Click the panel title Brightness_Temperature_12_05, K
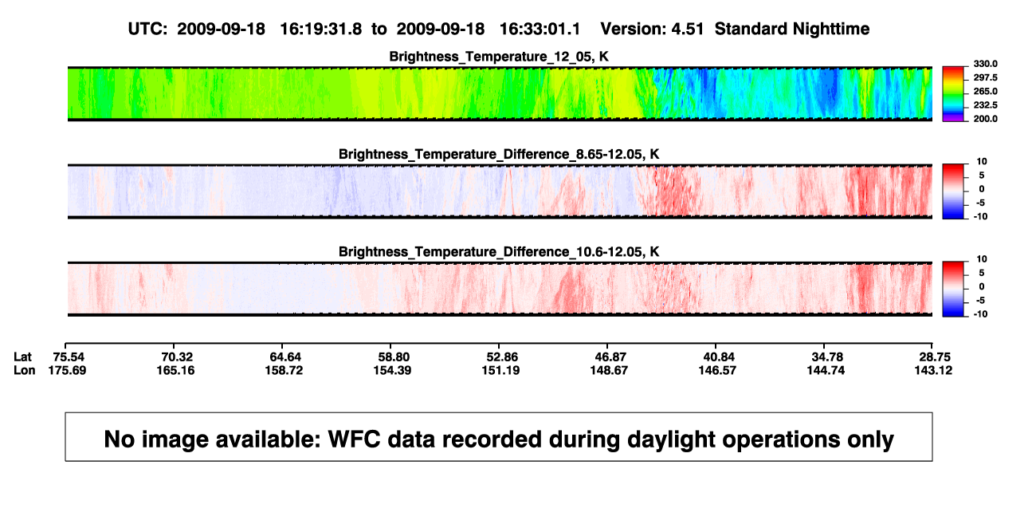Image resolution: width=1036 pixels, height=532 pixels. tap(499, 57)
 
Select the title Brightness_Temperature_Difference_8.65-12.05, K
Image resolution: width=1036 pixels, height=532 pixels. tap(499, 154)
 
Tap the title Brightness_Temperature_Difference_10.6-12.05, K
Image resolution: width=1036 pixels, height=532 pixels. tap(499, 252)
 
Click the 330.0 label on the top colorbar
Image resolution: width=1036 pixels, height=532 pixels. tap(985, 64)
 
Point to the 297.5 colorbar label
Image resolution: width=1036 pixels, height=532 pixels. tap(985, 77)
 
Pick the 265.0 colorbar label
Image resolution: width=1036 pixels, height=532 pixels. tap(985, 91)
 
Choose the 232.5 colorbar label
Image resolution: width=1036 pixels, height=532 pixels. tap(985, 105)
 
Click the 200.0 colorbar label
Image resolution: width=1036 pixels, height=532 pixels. tap(985, 119)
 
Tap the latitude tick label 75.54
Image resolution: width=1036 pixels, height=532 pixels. tap(69, 357)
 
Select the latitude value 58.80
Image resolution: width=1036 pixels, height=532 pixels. tap(394, 357)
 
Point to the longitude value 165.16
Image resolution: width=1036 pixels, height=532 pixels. tap(175, 370)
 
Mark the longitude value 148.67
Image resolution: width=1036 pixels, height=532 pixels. tap(609, 370)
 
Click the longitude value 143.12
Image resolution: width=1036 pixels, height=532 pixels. tap(933, 370)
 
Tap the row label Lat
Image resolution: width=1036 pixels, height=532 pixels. tap(22, 357)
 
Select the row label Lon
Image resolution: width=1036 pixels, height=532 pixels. tap(24, 370)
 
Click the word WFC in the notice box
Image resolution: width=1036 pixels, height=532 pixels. tap(355, 439)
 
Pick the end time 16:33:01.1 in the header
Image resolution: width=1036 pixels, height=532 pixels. tap(540, 30)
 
